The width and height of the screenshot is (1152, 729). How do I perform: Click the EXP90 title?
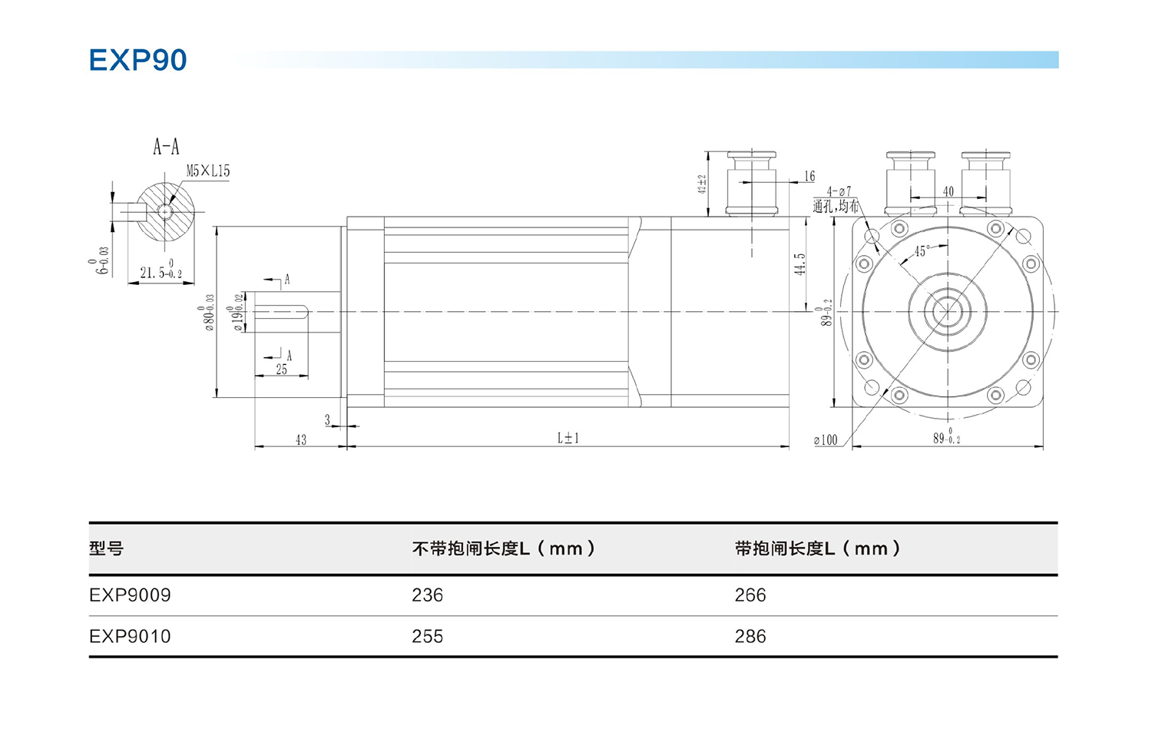[137, 60]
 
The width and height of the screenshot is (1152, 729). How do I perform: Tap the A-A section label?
[166, 147]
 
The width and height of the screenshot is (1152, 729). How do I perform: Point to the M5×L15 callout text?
[208, 171]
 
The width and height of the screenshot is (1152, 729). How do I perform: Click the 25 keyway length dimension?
[282, 369]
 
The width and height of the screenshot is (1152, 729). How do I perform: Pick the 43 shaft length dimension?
[300, 439]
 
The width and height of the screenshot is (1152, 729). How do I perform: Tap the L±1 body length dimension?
[568, 438]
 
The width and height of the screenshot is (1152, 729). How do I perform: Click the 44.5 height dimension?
[800, 264]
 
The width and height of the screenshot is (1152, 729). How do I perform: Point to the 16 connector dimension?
[809, 177]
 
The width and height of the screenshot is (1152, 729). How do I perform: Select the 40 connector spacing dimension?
[948, 191]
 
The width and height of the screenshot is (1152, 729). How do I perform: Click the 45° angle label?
[922, 251]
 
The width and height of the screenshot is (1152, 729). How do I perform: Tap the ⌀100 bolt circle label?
[826, 440]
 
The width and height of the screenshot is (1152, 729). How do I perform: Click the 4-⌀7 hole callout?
[839, 191]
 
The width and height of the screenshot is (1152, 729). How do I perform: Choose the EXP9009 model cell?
[130, 595]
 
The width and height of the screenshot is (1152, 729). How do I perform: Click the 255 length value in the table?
[427, 637]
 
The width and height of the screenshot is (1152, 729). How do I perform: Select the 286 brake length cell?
[750, 637]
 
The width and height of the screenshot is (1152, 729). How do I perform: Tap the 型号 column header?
[106, 548]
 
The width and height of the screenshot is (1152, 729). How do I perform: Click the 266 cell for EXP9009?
[750, 595]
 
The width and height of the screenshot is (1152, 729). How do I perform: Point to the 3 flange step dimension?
[328, 420]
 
